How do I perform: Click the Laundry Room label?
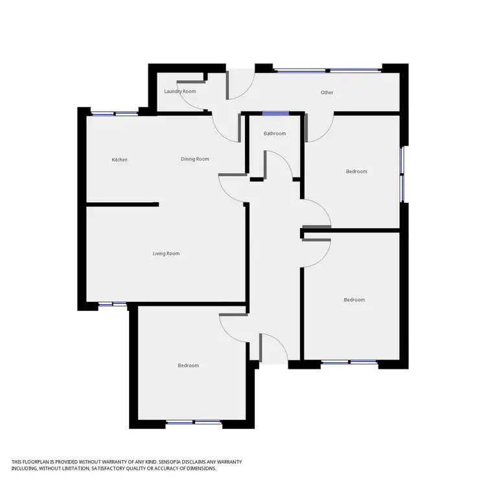click(x=179, y=91)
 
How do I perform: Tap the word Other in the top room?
click(x=327, y=93)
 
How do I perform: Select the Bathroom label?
click(x=275, y=134)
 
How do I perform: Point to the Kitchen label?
click(x=120, y=159)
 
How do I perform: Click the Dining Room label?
click(x=194, y=159)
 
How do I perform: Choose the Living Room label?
click(x=166, y=253)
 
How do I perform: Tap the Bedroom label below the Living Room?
click(x=189, y=365)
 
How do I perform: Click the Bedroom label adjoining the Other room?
click(x=356, y=172)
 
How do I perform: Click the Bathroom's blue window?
click(x=275, y=113)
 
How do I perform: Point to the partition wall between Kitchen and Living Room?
click(x=123, y=205)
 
